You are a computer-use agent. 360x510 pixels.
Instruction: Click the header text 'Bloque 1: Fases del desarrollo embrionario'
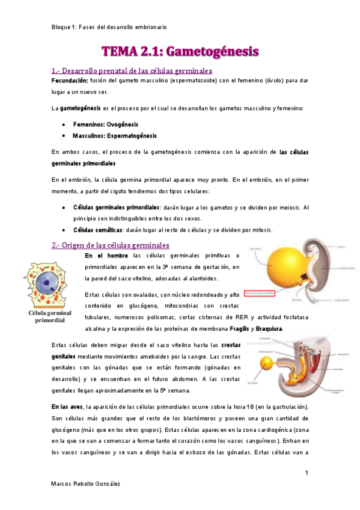[109, 28]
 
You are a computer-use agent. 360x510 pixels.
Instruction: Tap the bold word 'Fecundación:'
[70, 80]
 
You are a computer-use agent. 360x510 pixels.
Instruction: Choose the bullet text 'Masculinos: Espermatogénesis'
[115, 135]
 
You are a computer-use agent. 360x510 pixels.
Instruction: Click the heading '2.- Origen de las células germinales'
[111, 245]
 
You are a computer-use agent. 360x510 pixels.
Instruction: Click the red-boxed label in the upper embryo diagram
[255, 293]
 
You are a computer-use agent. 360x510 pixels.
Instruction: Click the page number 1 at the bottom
[307, 474]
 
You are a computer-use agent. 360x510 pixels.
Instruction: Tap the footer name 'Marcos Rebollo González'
[85, 485]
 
